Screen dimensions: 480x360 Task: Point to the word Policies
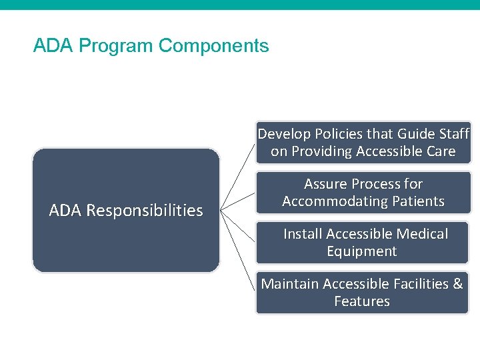[335, 134]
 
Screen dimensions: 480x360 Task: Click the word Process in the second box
[387, 184]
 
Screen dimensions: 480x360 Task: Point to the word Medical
[422, 234]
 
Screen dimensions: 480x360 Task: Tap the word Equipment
[362, 251]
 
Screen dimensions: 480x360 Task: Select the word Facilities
[417, 284]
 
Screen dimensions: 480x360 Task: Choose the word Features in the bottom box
[362, 301]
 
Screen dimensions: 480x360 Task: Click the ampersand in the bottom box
[457, 284]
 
